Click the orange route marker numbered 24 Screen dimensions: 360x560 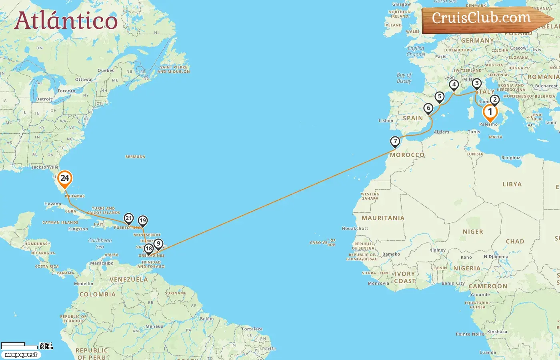(64, 179)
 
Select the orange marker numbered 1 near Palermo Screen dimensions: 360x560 (490, 112)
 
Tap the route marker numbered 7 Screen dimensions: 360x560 (395, 141)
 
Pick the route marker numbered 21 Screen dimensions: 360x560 (128, 218)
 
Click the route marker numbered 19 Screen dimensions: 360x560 (143, 221)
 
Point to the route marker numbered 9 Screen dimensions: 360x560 (158, 244)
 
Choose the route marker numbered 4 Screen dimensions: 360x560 (454, 85)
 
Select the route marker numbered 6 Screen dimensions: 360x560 (428, 108)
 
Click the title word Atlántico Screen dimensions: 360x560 (66, 21)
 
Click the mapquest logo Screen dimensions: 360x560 (21, 355)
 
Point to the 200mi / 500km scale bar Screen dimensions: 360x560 (26, 345)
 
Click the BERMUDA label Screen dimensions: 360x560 (135, 157)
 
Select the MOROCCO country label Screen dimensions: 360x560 (407, 155)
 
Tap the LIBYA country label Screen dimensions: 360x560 (512, 184)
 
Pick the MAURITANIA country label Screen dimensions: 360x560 (383, 218)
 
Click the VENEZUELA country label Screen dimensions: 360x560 (128, 280)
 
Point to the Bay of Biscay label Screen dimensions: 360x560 (404, 78)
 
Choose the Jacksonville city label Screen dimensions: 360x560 (45, 167)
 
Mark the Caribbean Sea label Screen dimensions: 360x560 (100, 243)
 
